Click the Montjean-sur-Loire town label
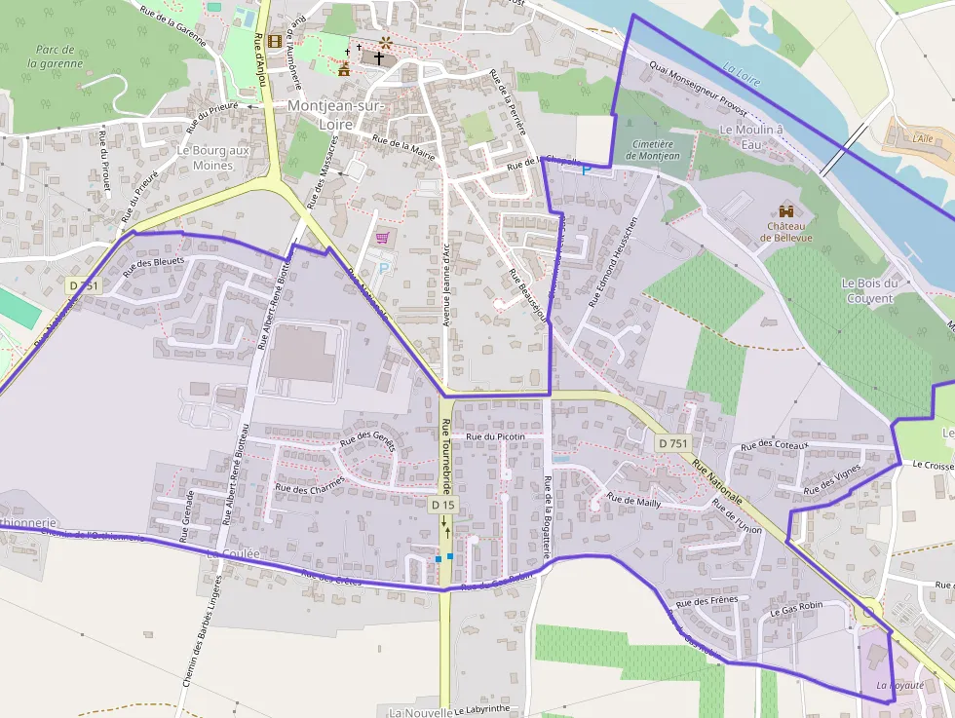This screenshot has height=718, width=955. [335, 113]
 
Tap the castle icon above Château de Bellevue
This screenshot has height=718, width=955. [787, 210]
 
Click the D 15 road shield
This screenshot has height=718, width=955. [442, 505]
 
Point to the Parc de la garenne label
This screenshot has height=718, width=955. [56, 57]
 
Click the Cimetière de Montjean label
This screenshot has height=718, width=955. [653, 150]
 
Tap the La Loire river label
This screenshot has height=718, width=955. [743, 71]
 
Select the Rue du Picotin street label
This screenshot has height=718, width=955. [495, 436]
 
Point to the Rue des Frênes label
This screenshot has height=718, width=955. [708, 601]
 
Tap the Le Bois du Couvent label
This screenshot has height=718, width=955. [866, 290]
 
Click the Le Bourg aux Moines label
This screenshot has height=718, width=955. [212, 158]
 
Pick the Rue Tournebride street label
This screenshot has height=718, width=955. [445, 456]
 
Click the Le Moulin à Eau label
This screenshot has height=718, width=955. [751, 136]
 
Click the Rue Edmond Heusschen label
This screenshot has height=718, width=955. [614, 261]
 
